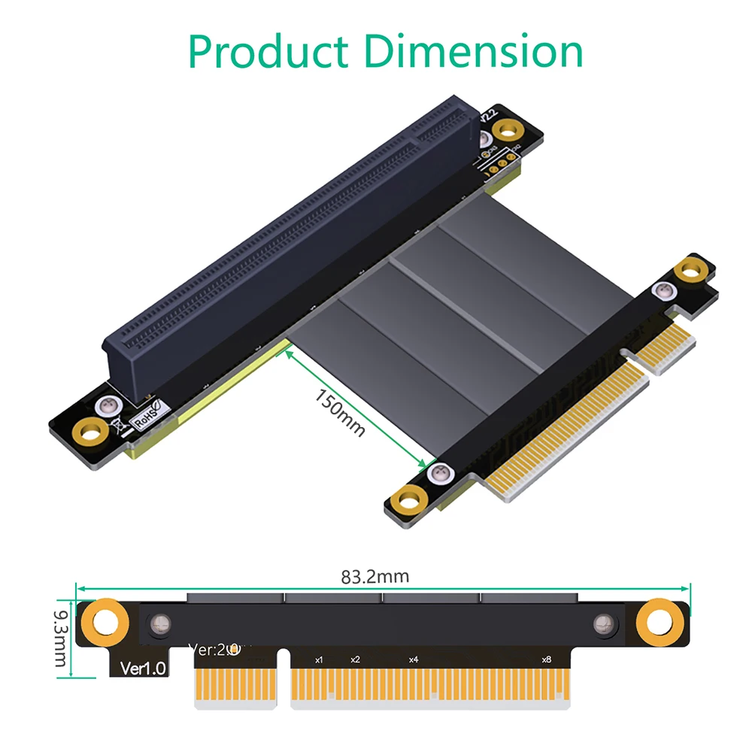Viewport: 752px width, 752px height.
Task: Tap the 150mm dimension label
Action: tap(339, 413)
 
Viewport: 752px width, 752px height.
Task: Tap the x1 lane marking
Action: tap(319, 660)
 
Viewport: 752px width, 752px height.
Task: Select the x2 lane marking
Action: tap(355, 660)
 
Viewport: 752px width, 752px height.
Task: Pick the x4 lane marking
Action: tap(413, 660)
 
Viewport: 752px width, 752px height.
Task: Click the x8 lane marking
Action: tap(546, 660)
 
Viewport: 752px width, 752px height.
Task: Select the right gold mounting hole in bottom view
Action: tap(659, 622)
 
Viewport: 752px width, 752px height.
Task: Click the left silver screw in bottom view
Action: tap(159, 623)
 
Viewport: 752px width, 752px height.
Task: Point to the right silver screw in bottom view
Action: tap(603, 623)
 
